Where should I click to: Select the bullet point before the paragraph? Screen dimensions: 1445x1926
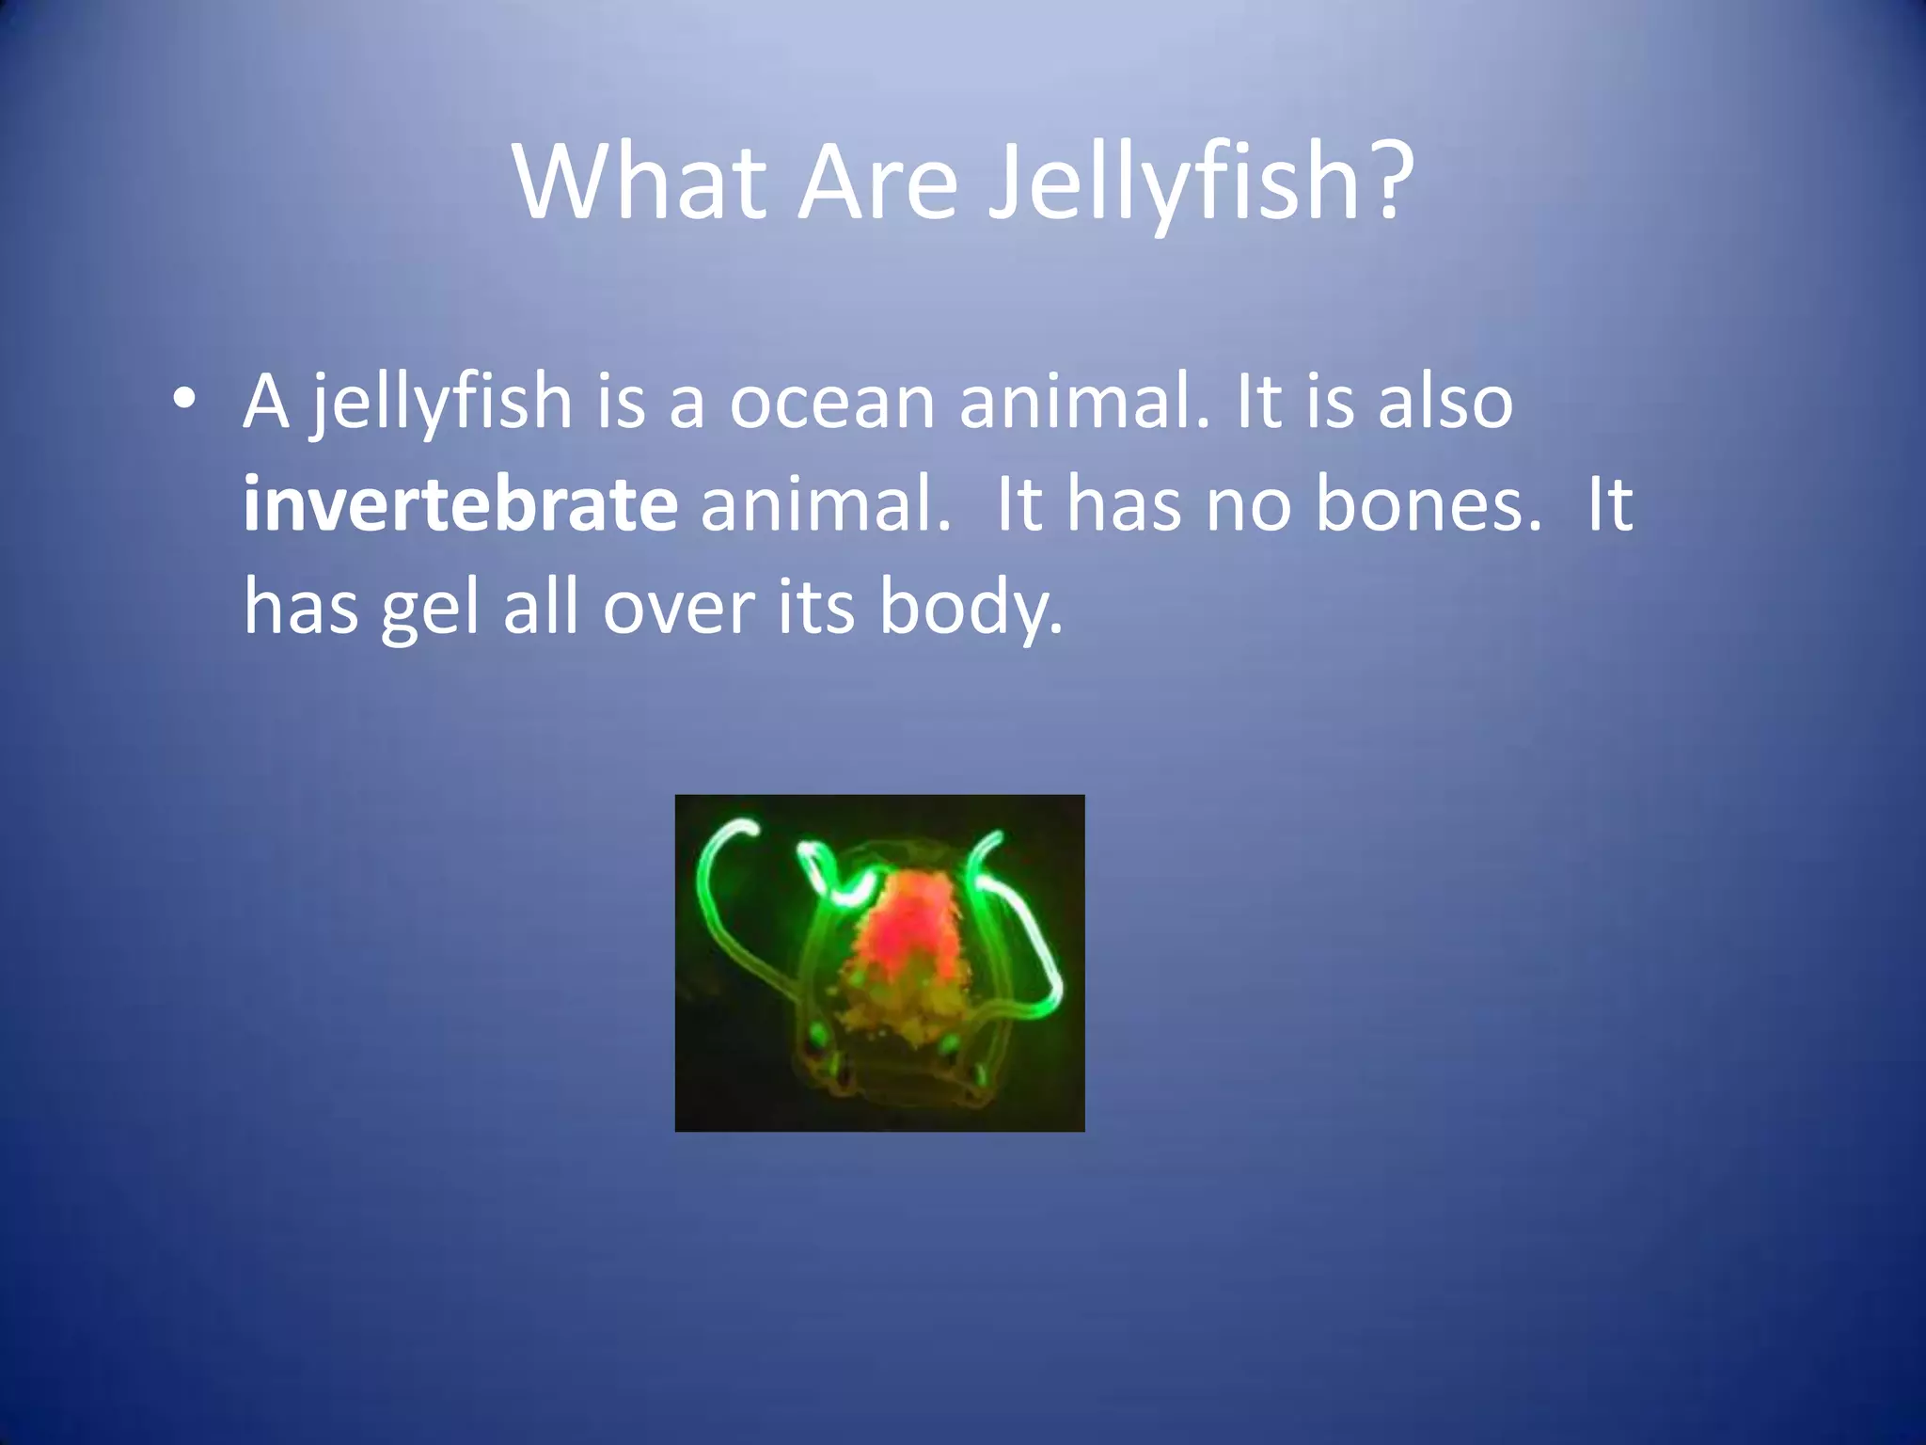[x=184, y=399]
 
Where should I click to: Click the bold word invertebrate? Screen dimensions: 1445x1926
[x=460, y=503]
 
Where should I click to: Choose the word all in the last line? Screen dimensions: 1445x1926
[x=540, y=607]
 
